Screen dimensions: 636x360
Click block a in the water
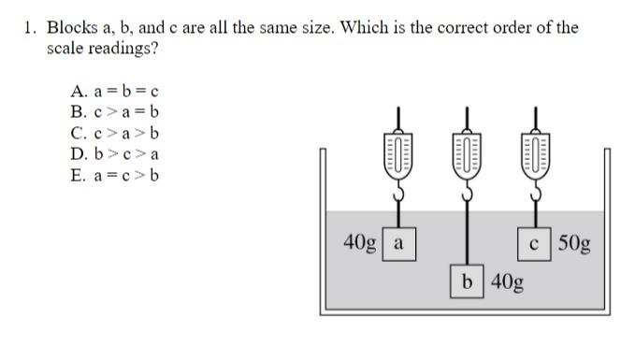[x=398, y=244]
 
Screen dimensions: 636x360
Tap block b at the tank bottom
[x=467, y=281]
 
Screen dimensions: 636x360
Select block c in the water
[x=533, y=244]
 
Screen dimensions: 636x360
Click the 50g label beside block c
[x=574, y=244]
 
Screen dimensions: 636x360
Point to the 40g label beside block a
[x=360, y=243]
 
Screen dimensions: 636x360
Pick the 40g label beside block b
[x=506, y=281]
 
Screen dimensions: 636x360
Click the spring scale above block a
[x=398, y=154]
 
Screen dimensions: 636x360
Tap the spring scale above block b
[x=467, y=154]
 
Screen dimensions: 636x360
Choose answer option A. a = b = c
[x=114, y=92]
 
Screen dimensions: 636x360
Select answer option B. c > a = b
[x=114, y=112]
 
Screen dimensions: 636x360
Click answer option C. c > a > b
[x=114, y=133]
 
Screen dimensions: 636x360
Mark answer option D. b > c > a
[x=114, y=153]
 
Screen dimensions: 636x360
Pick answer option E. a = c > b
[x=114, y=174]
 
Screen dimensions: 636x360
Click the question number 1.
[x=30, y=27]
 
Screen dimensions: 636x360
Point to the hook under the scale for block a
[x=398, y=192]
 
